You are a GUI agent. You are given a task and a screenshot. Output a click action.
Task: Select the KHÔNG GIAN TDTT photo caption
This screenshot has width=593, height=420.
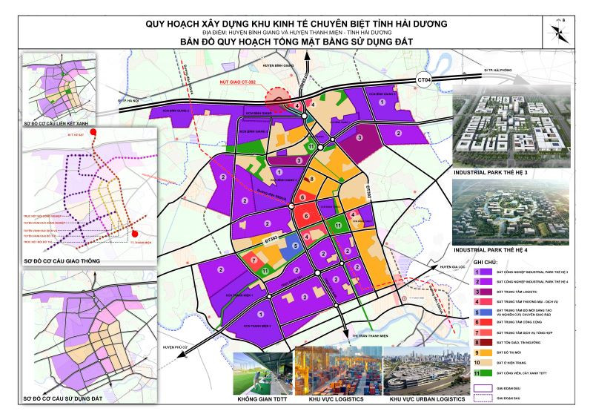262,399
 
